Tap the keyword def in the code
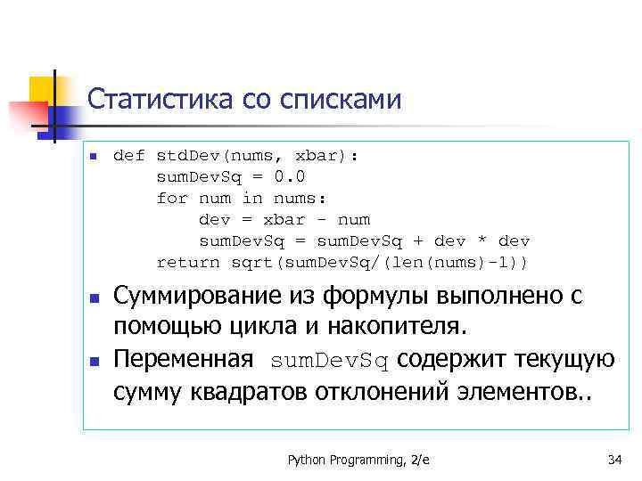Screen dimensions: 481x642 [129, 156]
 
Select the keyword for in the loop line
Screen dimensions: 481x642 [172, 199]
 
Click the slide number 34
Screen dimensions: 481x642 [613, 460]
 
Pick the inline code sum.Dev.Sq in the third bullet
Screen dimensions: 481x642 [330, 361]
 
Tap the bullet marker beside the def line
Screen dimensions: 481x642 [92, 157]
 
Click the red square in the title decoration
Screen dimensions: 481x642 [28, 117]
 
